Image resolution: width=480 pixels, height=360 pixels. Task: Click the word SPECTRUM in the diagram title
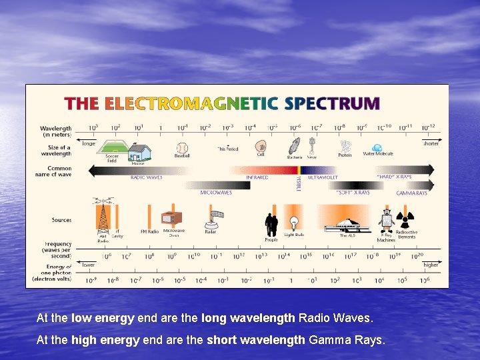point(332,104)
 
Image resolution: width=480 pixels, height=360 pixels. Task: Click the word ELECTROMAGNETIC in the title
point(191,104)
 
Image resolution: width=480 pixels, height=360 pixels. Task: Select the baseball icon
point(182,147)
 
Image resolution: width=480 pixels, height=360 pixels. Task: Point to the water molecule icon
point(377,147)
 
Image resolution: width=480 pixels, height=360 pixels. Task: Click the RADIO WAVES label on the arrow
point(146,177)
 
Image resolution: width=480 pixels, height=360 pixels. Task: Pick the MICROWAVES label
point(216,193)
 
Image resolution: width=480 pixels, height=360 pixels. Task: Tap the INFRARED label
point(257,177)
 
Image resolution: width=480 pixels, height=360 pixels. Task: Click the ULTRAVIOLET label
point(323,177)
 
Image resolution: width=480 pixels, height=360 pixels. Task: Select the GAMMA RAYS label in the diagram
point(411,193)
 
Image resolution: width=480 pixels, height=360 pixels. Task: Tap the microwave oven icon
point(171,219)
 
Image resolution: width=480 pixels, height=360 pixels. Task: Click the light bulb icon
point(293,223)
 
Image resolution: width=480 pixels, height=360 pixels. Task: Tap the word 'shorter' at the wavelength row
point(431,143)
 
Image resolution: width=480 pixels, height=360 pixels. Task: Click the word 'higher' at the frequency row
point(431,265)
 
